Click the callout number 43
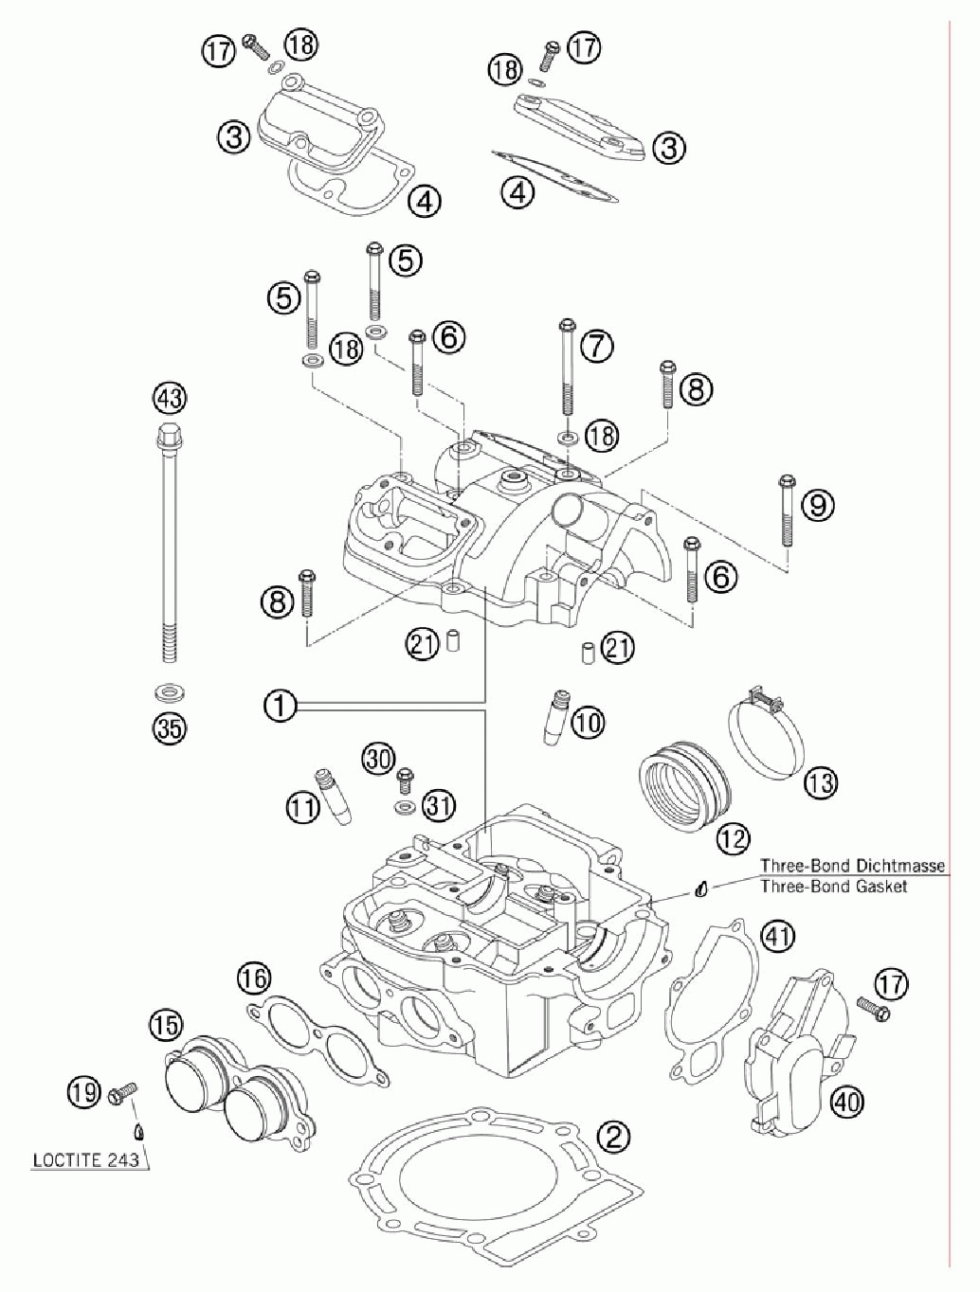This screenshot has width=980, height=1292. (x=170, y=398)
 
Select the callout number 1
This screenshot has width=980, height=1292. (x=280, y=706)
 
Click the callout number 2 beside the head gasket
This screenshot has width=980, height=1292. (x=613, y=1136)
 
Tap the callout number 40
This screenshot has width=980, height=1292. (x=846, y=1102)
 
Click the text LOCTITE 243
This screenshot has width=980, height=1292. (x=85, y=1159)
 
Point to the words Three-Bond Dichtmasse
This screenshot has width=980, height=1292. (x=852, y=866)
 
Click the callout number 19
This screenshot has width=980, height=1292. (x=84, y=1092)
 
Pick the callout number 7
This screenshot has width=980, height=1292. (x=596, y=346)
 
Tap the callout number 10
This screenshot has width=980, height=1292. (x=588, y=724)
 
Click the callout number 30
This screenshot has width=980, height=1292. (x=378, y=758)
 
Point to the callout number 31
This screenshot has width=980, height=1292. (x=438, y=806)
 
